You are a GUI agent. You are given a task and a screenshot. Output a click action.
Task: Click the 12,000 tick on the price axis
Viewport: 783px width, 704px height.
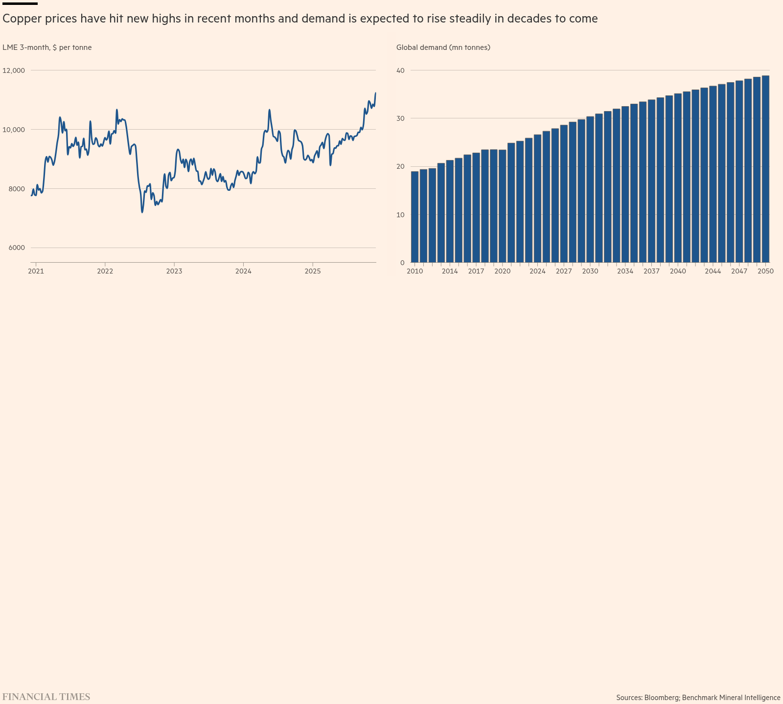(x=14, y=70)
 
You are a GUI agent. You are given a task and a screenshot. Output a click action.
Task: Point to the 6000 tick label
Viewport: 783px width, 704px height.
(x=17, y=248)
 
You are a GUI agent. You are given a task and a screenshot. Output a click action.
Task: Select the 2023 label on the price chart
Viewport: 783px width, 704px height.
(x=174, y=271)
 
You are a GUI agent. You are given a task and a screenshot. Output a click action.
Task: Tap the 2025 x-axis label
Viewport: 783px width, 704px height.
(x=313, y=271)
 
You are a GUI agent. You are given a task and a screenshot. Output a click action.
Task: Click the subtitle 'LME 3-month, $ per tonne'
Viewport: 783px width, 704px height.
(x=47, y=47)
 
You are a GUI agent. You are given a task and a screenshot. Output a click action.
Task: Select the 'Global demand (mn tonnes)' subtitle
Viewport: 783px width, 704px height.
(x=443, y=47)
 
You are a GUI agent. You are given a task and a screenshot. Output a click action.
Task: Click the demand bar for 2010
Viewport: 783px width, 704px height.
(x=415, y=217)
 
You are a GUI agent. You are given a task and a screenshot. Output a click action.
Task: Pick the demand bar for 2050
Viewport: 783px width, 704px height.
(x=765, y=169)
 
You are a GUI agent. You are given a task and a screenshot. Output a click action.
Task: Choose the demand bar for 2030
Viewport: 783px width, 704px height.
(x=590, y=189)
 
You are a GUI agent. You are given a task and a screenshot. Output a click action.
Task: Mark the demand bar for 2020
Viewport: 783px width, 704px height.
(x=503, y=206)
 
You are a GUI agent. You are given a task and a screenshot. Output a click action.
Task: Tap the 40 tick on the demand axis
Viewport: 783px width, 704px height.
(x=401, y=70)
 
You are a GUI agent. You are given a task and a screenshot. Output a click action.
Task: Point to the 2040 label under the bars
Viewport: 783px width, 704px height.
(x=678, y=271)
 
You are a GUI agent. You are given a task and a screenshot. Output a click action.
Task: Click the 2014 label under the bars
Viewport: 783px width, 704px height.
(x=450, y=271)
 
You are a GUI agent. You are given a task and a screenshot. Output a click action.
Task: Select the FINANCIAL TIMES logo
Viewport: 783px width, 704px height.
(x=46, y=697)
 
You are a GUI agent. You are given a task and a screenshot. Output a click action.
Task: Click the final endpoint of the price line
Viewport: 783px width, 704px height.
(x=375, y=92)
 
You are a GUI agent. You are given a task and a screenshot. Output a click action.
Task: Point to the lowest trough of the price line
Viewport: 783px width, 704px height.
(x=142, y=212)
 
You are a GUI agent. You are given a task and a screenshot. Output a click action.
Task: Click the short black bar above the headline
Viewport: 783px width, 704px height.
(x=20, y=3)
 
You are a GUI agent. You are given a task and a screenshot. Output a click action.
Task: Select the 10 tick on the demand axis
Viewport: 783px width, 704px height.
(x=401, y=215)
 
